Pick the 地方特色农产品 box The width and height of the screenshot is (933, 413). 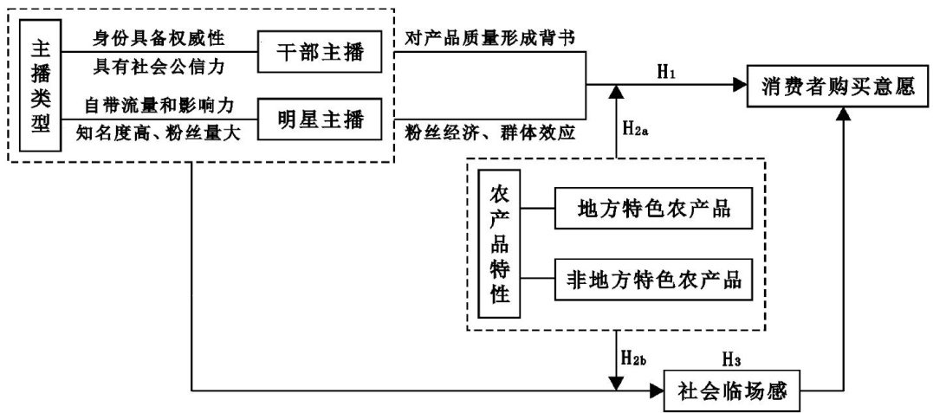pyautogui.click(x=651, y=210)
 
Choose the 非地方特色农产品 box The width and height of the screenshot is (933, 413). pyautogui.click(x=651, y=281)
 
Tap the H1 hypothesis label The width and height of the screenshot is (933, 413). pyautogui.click(x=665, y=72)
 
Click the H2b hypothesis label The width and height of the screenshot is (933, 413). pyautogui.click(x=635, y=357)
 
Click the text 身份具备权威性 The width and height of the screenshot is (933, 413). pyautogui.click(x=159, y=38)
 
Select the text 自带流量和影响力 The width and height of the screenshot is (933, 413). pyautogui.click(x=159, y=105)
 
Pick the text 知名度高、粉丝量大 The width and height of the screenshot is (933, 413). pyautogui.click(x=159, y=132)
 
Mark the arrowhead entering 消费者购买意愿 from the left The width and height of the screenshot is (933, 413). pyautogui.click(x=738, y=86)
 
